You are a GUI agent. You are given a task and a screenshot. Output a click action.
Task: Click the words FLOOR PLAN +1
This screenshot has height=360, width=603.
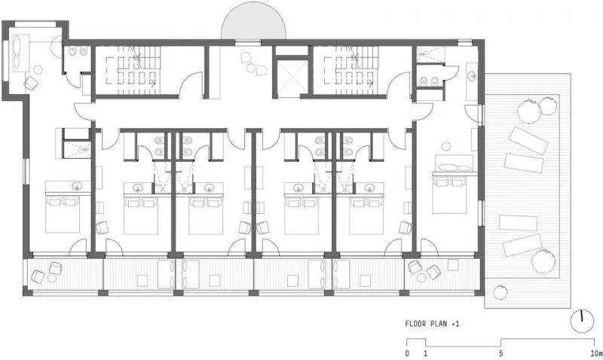coord(432,324)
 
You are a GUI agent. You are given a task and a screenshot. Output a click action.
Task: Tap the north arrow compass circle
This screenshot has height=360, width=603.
coord(582,321)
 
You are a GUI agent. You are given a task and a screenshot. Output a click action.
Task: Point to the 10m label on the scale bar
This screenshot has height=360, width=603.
coord(597,353)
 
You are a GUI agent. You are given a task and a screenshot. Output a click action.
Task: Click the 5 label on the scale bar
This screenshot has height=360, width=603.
coord(500,353)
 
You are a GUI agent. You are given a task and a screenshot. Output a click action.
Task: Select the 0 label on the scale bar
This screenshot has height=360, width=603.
coord(407,353)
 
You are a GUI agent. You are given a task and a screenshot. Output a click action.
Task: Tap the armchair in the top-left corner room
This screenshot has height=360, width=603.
coord(31,83)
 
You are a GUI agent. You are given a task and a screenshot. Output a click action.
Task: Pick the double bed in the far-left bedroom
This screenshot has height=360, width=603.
coord(63,215)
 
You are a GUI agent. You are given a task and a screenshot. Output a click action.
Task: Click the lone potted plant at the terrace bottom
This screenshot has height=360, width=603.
coord(500,291)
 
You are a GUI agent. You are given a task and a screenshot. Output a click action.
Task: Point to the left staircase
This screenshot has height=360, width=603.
coord(137,70)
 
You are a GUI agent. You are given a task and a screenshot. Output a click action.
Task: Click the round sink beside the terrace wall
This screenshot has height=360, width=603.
coord(473,77)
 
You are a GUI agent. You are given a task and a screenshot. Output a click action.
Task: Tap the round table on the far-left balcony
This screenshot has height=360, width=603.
coord(52,277)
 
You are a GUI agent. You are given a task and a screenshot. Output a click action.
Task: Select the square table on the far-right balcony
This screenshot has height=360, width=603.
coord(453,265)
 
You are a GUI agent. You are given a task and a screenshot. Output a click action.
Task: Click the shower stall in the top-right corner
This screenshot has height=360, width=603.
coord(431,54)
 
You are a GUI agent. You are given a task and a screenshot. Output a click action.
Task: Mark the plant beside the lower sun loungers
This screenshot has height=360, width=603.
coord(544,261)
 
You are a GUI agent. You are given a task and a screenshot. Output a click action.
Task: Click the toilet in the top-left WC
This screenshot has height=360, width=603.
coord(72,51)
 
